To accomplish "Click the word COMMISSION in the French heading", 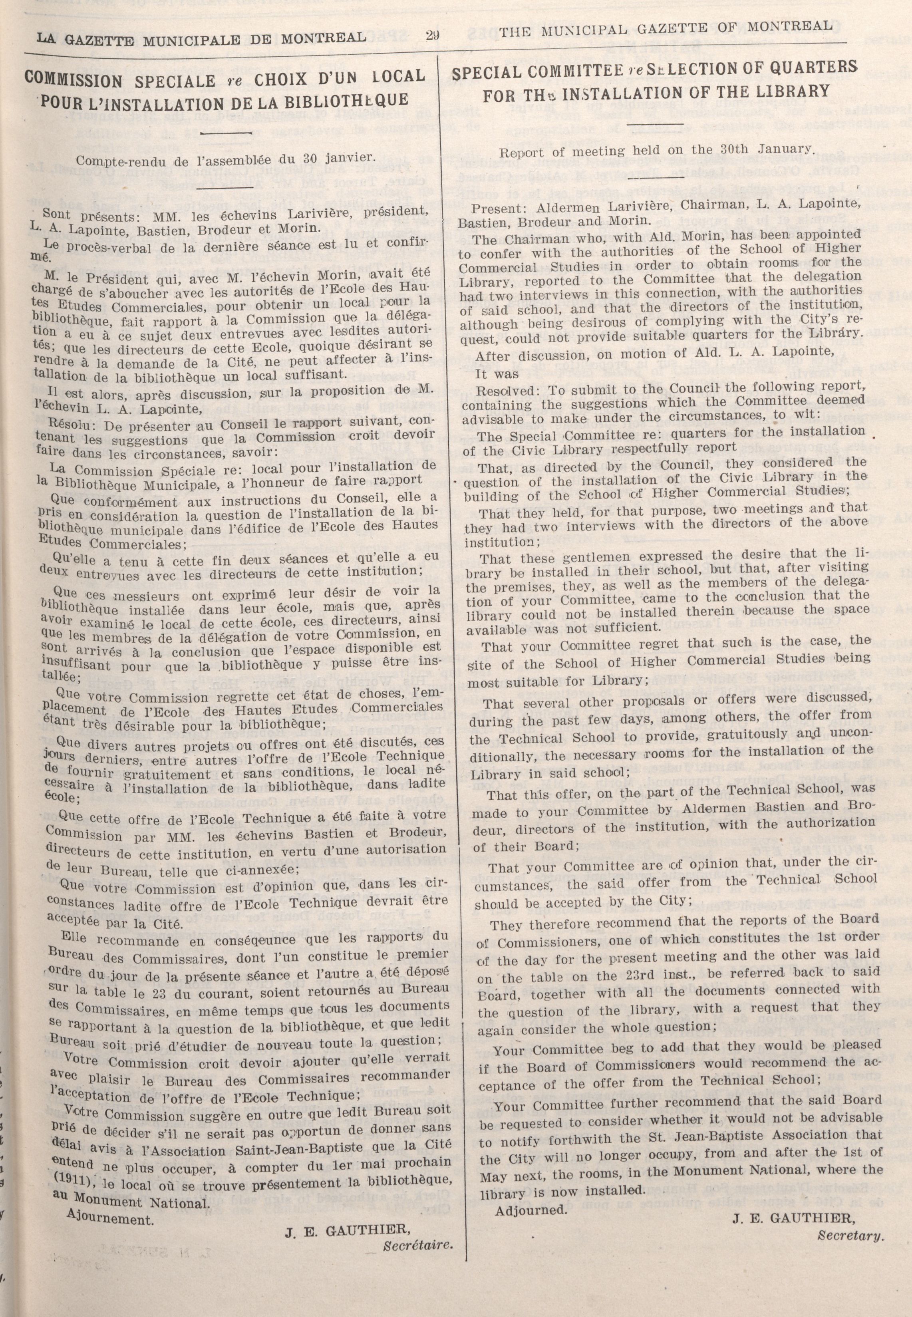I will [73, 80].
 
